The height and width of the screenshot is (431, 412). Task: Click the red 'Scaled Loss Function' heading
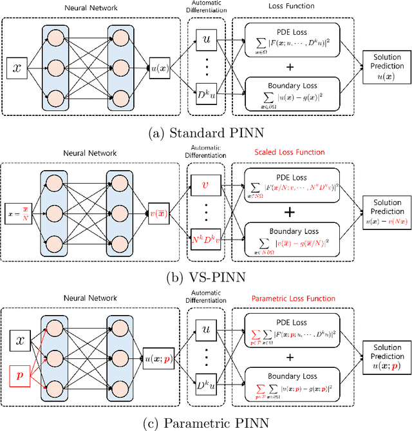(x=290, y=152)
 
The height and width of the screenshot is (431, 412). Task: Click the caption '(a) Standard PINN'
(x=205, y=135)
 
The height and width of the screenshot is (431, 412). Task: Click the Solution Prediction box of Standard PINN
(x=386, y=66)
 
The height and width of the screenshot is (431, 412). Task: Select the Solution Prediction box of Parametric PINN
(x=386, y=356)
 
